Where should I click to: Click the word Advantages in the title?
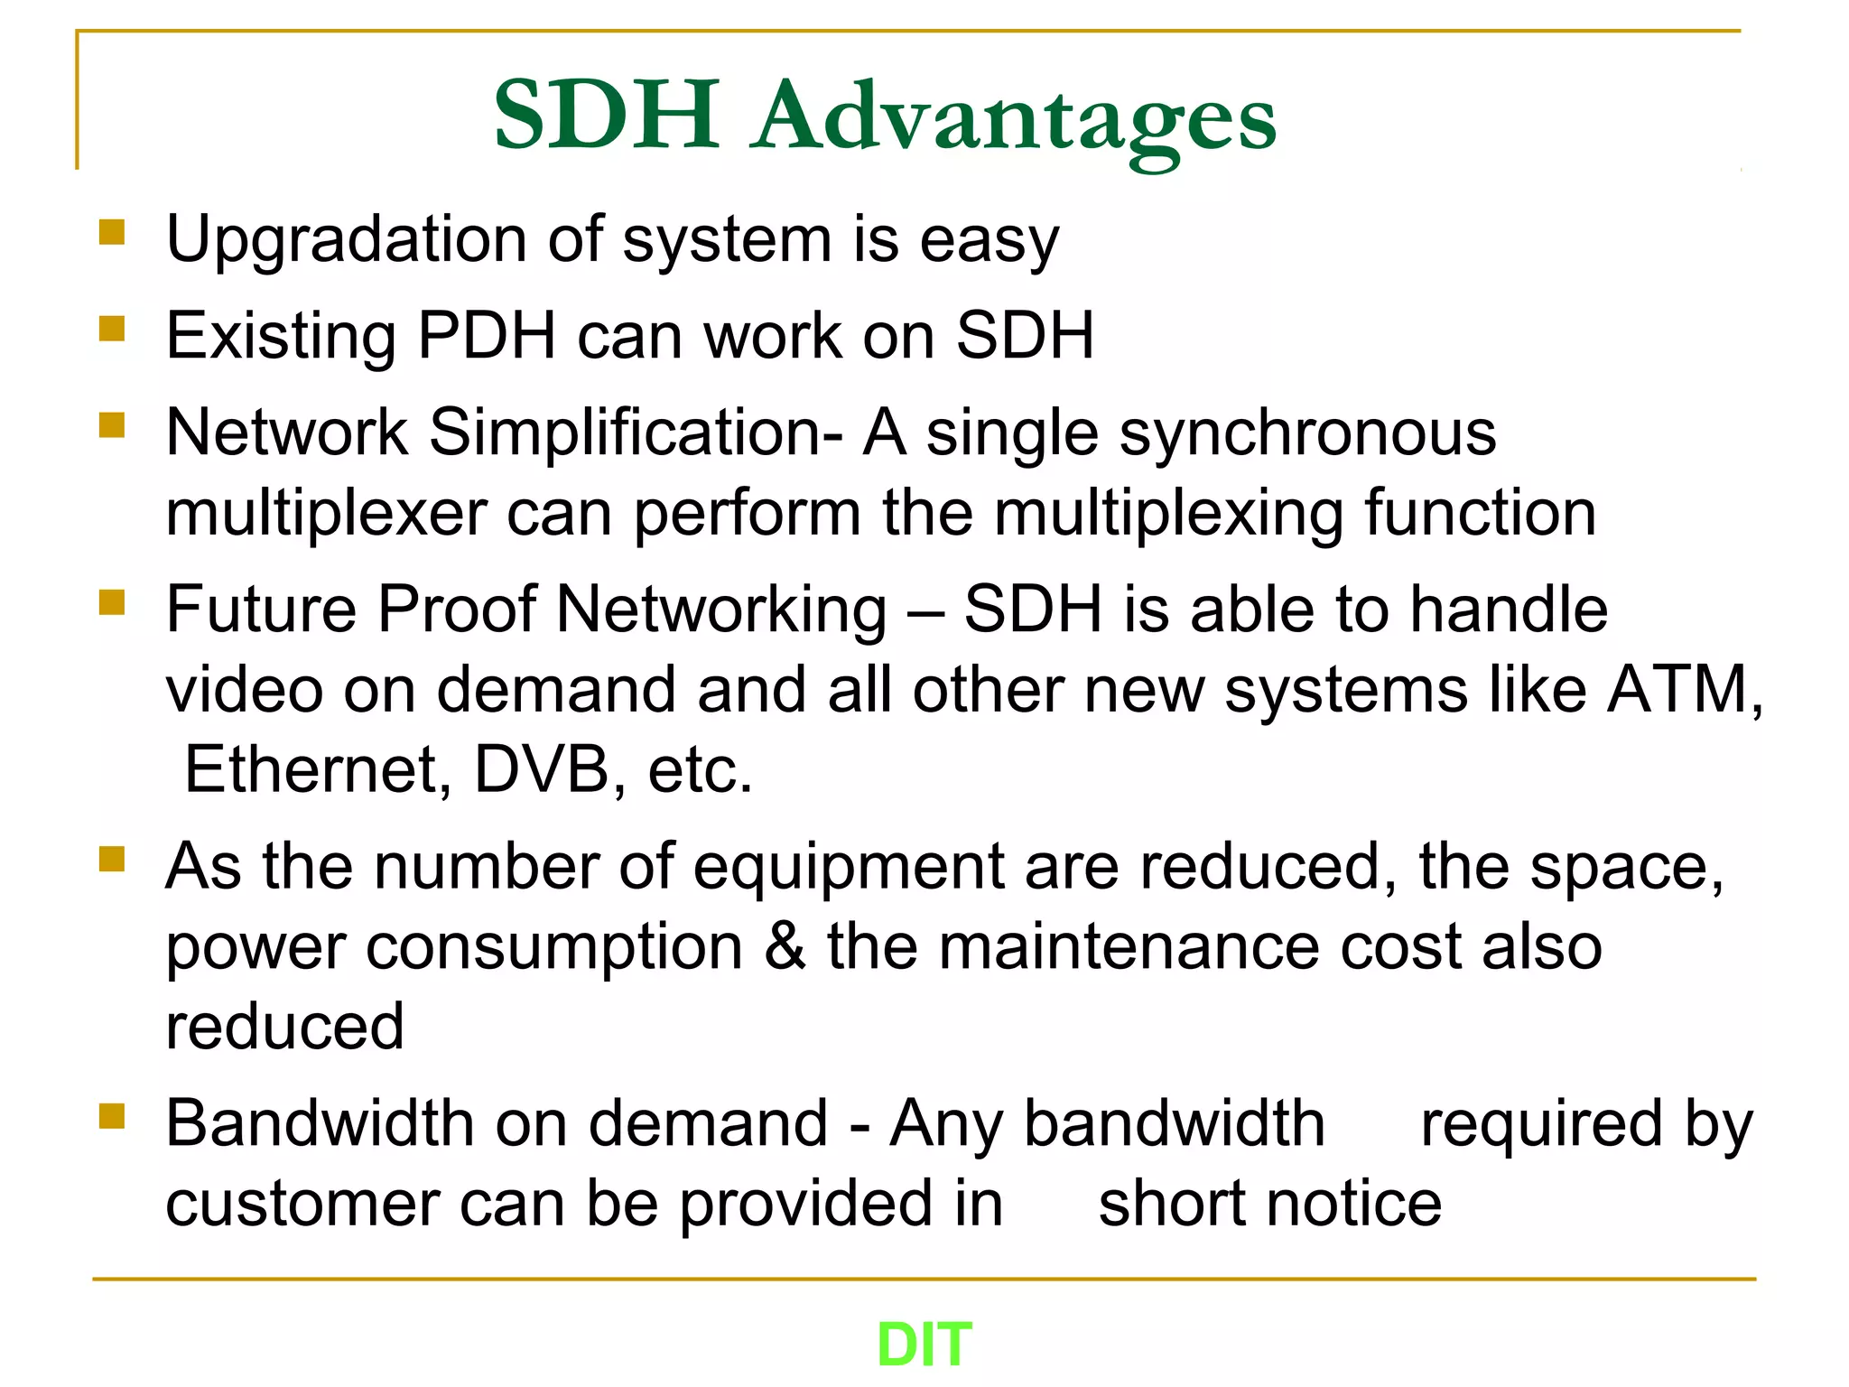(x=1016, y=117)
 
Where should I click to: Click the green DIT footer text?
(x=924, y=1345)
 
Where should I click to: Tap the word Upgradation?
(x=346, y=241)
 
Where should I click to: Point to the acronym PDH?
(x=487, y=336)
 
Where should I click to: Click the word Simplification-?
(x=636, y=433)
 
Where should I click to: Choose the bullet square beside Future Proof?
(x=112, y=601)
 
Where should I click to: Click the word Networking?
(x=721, y=610)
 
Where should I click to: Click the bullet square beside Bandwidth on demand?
(x=112, y=1116)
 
